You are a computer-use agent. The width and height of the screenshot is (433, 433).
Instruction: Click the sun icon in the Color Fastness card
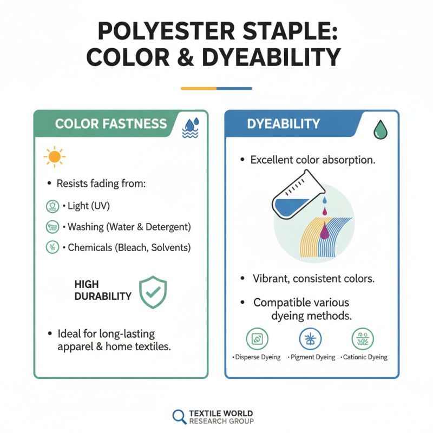[54, 157]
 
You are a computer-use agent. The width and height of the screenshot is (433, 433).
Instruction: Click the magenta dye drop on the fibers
[324, 231]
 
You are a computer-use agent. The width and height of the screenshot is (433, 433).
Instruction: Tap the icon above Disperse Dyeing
[257, 339]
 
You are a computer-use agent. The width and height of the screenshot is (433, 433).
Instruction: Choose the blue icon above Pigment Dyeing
[311, 339]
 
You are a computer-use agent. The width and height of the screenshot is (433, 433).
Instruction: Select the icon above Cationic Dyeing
[363, 339]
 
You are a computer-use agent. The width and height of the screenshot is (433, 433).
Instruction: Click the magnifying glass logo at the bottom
[179, 416]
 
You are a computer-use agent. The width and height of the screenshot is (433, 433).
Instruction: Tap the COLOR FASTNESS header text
[111, 124]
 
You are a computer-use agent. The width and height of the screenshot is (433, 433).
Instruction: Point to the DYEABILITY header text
[284, 124]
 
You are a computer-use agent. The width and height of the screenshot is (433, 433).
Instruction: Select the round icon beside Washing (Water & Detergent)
[50, 227]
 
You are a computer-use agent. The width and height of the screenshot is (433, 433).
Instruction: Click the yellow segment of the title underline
[199, 88]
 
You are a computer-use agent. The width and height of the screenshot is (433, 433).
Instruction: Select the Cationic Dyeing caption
[364, 357]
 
